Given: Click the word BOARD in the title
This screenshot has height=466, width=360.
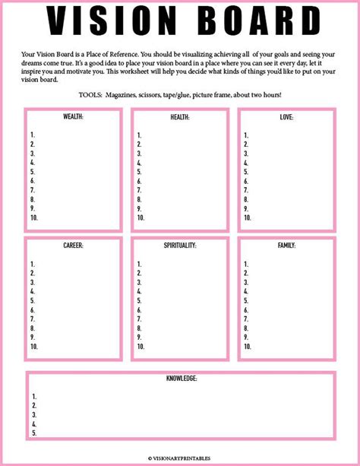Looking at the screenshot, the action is click(250, 21).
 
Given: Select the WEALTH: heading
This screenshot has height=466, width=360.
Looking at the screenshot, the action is click(74, 118).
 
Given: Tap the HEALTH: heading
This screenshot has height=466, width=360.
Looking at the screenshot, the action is click(180, 118).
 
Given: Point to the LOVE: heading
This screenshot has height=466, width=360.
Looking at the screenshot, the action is click(286, 118).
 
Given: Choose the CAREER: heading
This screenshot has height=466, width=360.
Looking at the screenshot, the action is click(74, 246).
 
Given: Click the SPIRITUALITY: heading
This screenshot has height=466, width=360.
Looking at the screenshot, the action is click(180, 246).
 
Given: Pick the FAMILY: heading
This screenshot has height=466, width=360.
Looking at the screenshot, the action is click(286, 246).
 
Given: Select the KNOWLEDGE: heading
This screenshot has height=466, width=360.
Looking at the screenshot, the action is click(181, 379).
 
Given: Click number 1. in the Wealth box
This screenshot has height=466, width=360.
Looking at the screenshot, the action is click(33, 135).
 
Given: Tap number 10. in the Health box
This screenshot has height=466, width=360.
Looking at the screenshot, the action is click(141, 217).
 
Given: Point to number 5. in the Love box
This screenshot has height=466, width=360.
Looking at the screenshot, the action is click(246, 171).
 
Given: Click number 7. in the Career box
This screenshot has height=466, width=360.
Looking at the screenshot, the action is click(33, 319).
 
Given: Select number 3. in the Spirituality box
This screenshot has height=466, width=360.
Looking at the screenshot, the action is click(140, 282).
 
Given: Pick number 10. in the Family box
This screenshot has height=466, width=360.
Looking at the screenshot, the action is click(247, 346).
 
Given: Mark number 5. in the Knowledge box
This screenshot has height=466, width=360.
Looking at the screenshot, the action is click(35, 433).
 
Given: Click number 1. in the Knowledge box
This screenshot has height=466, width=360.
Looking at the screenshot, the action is click(35, 396).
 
